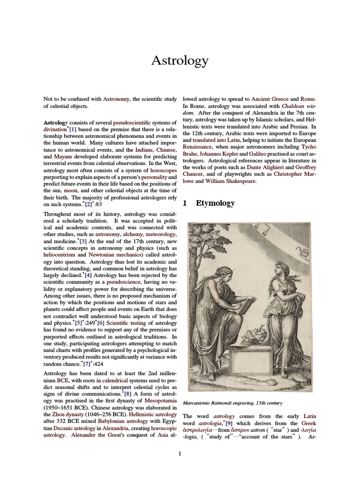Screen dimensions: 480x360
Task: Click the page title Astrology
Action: coord(180,60)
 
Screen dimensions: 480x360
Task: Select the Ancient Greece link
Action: coord(270,99)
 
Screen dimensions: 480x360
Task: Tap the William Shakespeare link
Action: coord(231,181)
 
